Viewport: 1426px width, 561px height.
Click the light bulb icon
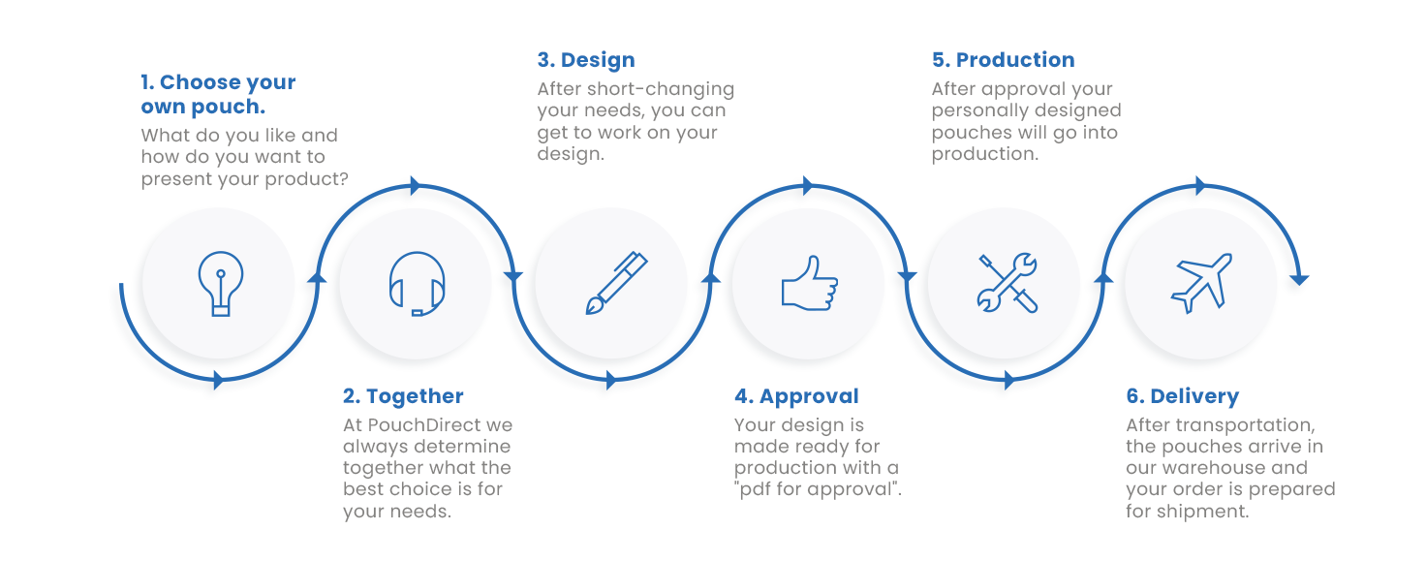tap(220, 284)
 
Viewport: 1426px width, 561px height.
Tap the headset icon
tap(417, 284)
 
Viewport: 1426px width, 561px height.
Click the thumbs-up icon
tap(809, 283)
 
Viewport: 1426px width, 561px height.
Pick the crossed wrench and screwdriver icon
tap(1007, 283)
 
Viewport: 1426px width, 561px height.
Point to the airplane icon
tap(1202, 283)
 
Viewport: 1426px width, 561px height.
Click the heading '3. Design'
tap(586, 60)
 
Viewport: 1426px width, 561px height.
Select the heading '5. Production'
tap(1004, 60)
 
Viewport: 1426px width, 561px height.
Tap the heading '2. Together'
tap(403, 396)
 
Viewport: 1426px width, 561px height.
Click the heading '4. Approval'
tap(796, 396)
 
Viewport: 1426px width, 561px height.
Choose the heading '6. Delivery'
tap(1183, 396)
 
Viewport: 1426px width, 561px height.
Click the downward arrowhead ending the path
tap(1299, 280)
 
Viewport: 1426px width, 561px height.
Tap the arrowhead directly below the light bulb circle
tap(218, 380)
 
